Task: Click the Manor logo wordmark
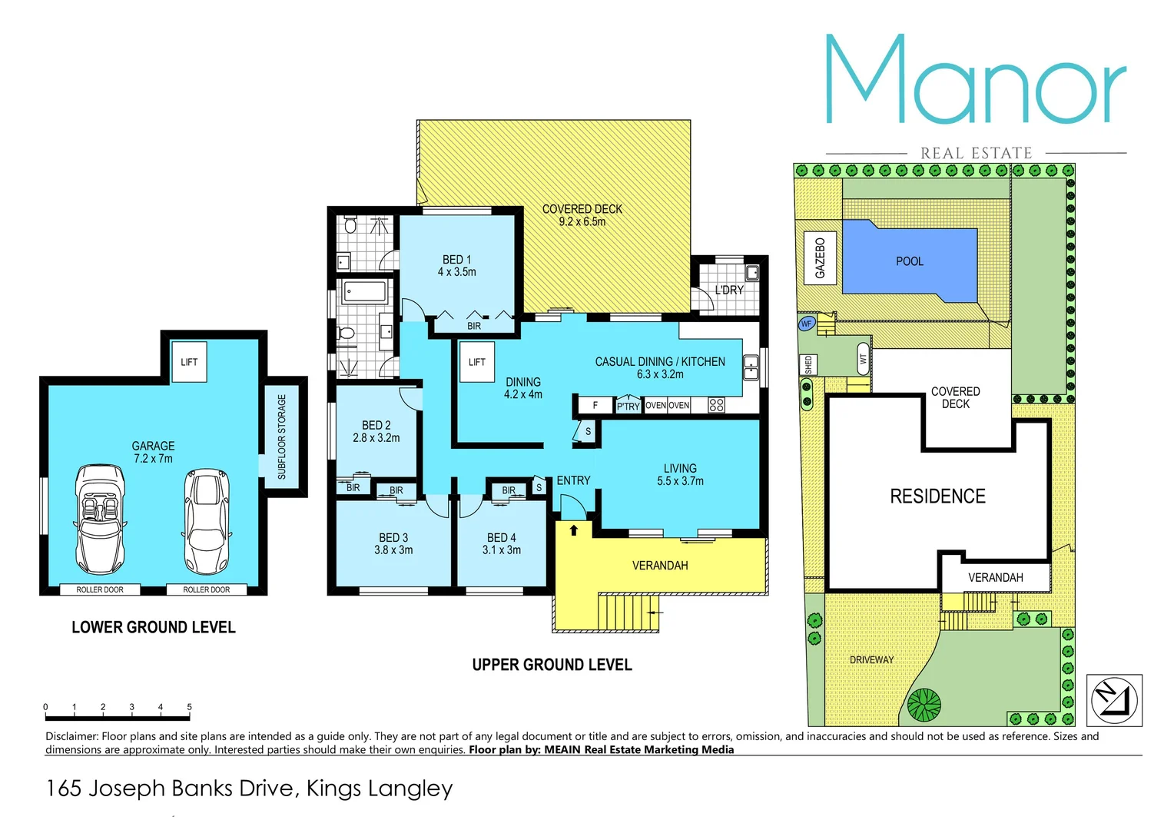click(x=976, y=81)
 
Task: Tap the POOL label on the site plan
click(x=909, y=261)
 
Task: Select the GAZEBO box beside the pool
click(x=820, y=258)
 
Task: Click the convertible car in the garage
click(x=100, y=519)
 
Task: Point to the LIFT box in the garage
click(x=189, y=362)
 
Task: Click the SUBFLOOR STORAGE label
click(x=282, y=437)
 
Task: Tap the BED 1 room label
click(x=457, y=266)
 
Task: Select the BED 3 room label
click(x=393, y=543)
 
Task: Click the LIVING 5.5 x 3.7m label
click(x=680, y=474)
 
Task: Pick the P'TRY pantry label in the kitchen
click(x=628, y=406)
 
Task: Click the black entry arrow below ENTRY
click(x=574, y=530)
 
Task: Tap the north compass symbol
click(x=1114, y=699)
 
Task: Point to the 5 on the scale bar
click(x=189, y=706)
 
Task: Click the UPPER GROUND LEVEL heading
click(x=552, y=665)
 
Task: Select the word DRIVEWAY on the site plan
click(x=871, y=659)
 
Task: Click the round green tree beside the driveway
click(x=924, y=704)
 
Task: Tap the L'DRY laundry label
click(x=729, y=290)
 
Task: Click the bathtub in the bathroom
click(x=365, y=292)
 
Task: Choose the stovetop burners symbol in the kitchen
click(x=716, y=405)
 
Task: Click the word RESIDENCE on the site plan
click(x=937, y=496)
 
